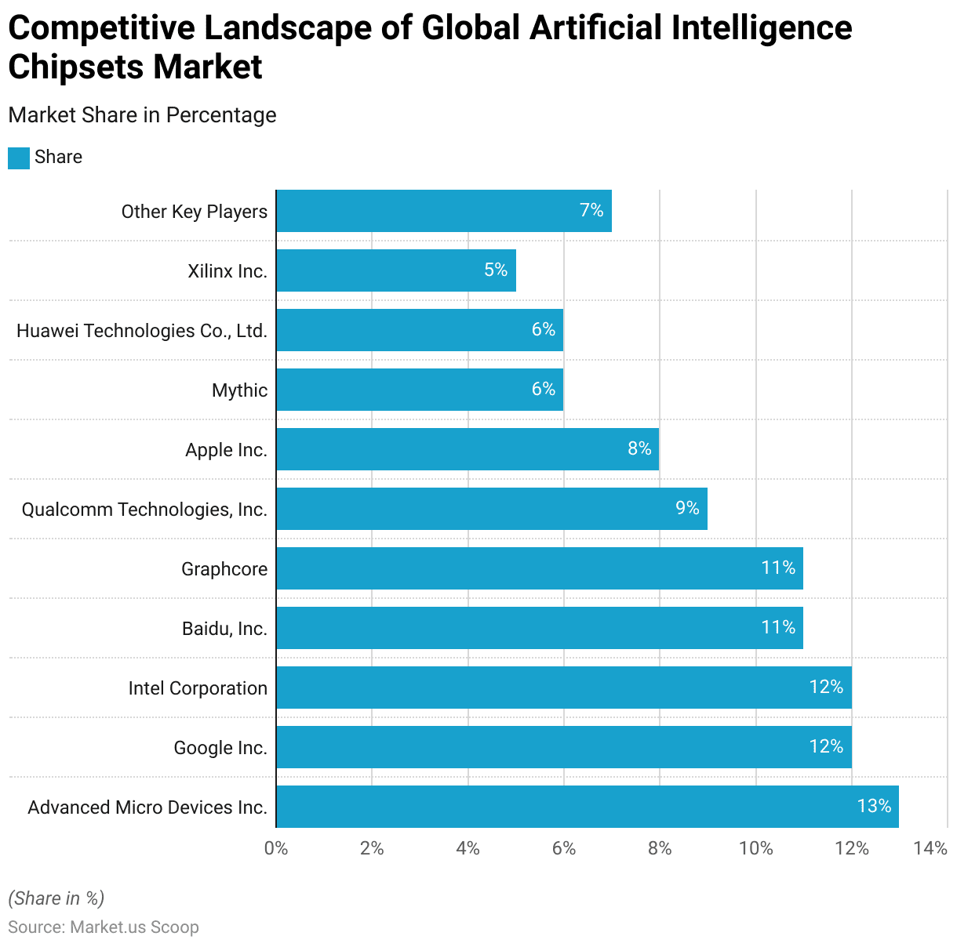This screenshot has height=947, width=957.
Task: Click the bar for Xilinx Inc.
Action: (396, 270)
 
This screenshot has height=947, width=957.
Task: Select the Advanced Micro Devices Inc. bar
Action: (588, 807)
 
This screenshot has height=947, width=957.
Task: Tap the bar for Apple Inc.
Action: (468, 449)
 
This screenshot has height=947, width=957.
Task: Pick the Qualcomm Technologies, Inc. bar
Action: (492, 509)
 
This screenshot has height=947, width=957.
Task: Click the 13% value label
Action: (874, 806)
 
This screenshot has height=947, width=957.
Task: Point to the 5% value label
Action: (496, 270)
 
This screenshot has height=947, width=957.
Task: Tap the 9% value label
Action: (687, 508)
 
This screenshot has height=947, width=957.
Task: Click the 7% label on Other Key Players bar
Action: (591, 210)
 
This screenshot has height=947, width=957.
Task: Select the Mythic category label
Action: (239, 390)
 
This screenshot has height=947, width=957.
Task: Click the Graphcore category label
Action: (224, 569)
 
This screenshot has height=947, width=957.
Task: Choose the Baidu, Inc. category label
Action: (224, 629)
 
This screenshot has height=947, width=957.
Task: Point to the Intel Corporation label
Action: (198, 688)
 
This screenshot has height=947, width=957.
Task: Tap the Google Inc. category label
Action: (220, 748)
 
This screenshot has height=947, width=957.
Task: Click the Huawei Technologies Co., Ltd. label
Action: (142, 331)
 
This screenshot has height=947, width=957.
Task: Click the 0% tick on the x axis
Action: (276, 848)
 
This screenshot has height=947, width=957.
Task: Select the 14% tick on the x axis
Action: (931, 848)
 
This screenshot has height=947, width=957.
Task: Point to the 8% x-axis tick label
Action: (660, 848)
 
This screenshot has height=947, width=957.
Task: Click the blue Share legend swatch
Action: (19, 158)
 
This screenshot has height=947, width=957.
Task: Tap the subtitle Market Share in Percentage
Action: (142, 115)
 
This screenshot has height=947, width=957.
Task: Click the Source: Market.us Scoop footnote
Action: (104, 927)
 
